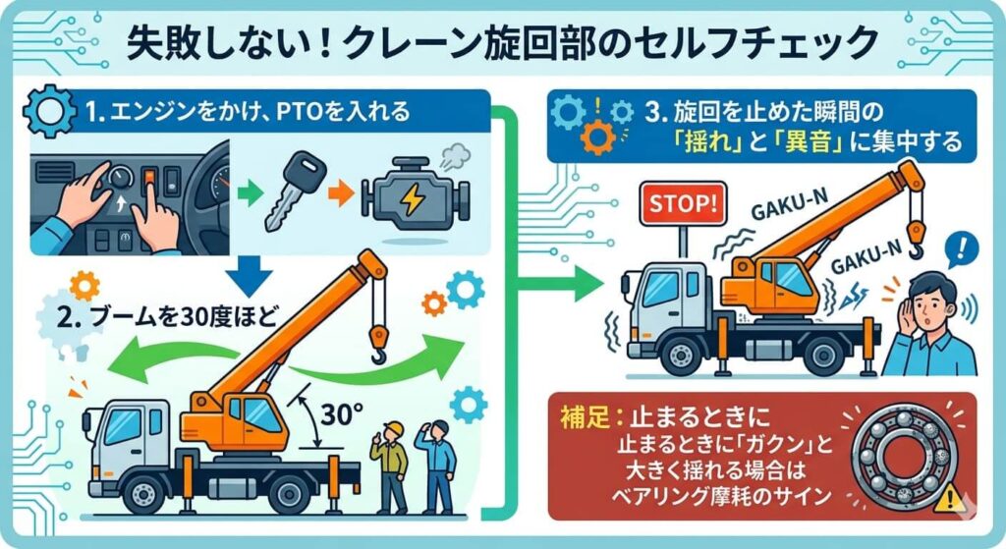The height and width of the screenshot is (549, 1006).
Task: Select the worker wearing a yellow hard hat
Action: (x=390, y=465)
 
